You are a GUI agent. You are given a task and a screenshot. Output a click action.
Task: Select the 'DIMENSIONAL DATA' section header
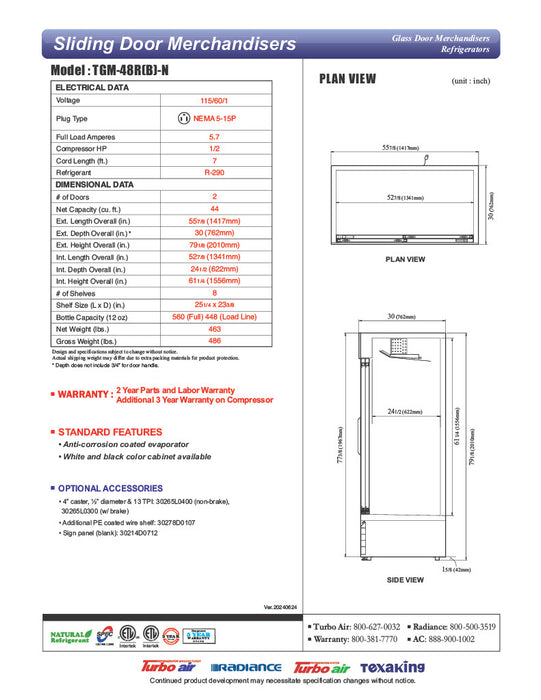click(x=95, y=184)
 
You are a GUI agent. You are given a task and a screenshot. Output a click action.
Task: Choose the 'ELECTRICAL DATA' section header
click(x=91, y=88)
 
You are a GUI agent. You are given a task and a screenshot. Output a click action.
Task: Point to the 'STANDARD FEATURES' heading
click(x=109, y=431)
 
